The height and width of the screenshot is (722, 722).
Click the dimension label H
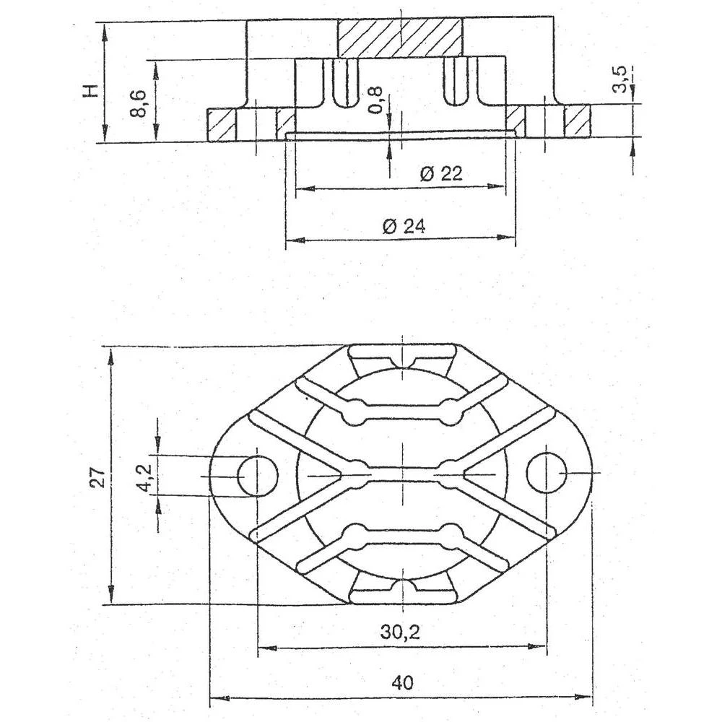point(90,90)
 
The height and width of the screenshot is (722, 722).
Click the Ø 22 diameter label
point(440,174)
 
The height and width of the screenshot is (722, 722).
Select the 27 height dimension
point(97,477)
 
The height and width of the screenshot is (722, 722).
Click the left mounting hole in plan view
point(258,475)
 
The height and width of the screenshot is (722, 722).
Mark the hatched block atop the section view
point(399,37)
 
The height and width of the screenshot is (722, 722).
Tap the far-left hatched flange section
point(222,123)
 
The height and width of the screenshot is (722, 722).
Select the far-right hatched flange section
point(578,121)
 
